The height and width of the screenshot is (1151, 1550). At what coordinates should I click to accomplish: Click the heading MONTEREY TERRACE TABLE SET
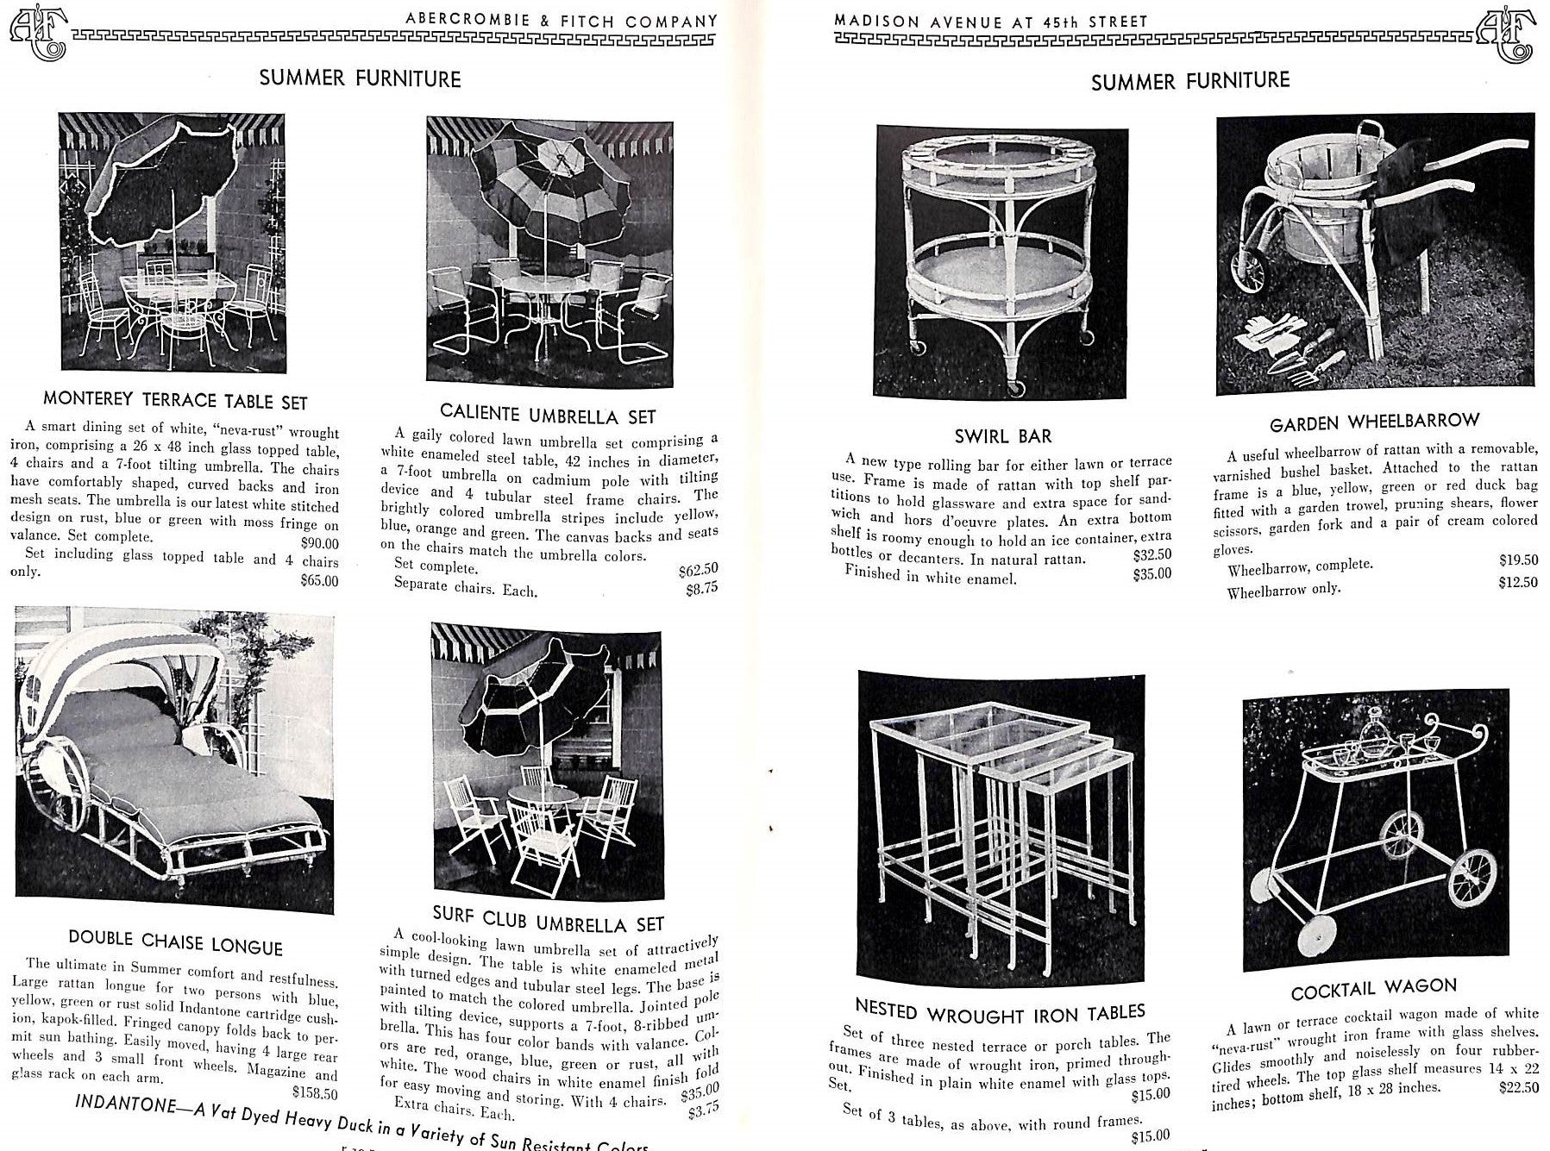tap(175, 401)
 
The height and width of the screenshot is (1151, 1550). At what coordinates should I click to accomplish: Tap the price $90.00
tap(320, 543)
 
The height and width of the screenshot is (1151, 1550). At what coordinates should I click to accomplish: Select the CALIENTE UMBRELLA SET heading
tap(548, 414)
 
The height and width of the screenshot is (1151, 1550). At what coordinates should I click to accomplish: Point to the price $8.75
tap(702, 589)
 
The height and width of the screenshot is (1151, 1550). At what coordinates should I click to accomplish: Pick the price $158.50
tap(315, 1092)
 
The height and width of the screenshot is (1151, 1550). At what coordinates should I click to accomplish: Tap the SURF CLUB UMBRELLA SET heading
tap(549, 922)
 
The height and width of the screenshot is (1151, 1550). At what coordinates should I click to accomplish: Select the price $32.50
tap(1152, 555)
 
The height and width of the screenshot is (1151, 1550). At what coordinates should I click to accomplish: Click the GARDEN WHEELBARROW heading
tap(1374, 422)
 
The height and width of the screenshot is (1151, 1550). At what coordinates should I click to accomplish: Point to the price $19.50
tap(1518, 560)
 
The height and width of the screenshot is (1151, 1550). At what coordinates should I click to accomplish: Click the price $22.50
tap(1518, 1088)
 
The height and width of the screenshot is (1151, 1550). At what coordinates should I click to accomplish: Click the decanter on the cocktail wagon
tap(1369, 741)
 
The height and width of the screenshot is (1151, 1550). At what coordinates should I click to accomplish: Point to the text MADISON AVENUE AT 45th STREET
tap(992, 21)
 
